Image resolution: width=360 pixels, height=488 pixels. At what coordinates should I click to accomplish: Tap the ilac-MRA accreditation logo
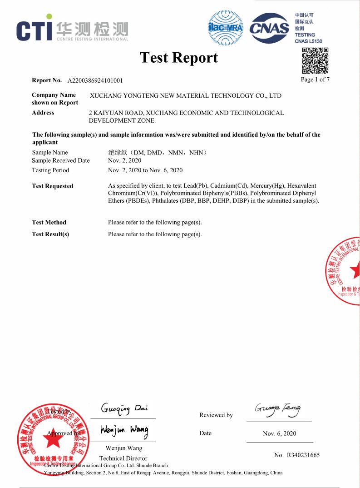(225, 29)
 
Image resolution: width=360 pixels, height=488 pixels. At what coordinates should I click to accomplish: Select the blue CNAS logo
(270, 29)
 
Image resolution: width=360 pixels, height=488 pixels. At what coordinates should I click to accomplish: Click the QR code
(315, 60)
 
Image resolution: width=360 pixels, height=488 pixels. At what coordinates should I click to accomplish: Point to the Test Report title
(179, 58)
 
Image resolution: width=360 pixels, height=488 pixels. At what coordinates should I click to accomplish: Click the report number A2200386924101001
(95, 81)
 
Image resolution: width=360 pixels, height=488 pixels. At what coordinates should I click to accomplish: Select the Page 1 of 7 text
(315, 80)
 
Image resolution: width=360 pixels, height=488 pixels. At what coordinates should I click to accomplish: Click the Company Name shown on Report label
(55, 99)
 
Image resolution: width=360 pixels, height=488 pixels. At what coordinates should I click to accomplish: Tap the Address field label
(43, 113)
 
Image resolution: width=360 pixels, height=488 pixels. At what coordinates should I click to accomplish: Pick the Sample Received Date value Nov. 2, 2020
(124, 160)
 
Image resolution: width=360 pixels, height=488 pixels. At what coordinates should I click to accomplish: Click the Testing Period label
(50, 170)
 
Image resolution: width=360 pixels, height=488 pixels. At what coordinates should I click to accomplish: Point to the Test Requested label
(52, 186)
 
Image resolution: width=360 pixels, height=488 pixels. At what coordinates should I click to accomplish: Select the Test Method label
(49, 222)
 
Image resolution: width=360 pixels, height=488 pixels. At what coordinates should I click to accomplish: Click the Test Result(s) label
(50, 234)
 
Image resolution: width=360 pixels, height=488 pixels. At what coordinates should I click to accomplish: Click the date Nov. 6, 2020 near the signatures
(279, 433)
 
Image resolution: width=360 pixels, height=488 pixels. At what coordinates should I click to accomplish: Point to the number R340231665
(297, 455)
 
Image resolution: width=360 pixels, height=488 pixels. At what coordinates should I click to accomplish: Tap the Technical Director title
(123, 458)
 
